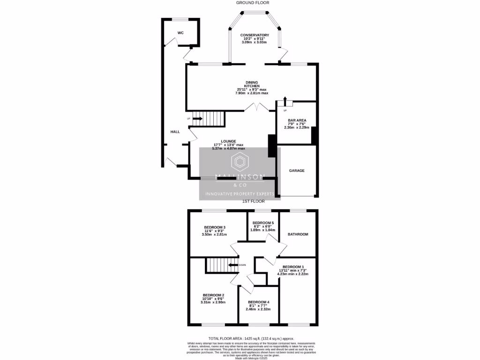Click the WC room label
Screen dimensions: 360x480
[x=180, y=33]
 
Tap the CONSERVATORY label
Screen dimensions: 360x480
[x=255, y=35]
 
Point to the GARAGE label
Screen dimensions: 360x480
[x=297, y=171]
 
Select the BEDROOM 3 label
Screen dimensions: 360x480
[x=215, y=227]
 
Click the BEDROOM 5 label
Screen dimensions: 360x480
[x=262, y=223]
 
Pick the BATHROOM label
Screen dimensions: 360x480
[x=298, y=234]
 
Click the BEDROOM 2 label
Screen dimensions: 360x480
[x=213, y=295]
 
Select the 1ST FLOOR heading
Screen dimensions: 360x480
[x=253, y=201]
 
